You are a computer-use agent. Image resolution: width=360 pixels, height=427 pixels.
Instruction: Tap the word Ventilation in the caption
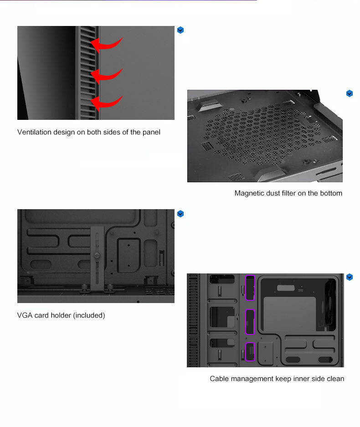click(x=34, y=132)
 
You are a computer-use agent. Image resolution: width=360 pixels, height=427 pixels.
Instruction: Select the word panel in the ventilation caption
click(x=151, y=132)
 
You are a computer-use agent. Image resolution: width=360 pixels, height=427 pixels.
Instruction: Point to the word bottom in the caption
click(x=331, y=193)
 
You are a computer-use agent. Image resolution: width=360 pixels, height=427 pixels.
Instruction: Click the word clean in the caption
click(x=335, y=379)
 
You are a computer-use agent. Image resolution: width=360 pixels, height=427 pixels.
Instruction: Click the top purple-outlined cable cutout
click(x=250, y=288)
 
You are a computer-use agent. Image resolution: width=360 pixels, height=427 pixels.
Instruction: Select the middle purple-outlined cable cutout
click(x=250, y=322)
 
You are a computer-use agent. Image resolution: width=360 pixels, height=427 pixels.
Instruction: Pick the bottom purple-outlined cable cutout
click(x=250, y=351)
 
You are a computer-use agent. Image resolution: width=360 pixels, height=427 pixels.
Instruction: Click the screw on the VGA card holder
click(x=97, y=256)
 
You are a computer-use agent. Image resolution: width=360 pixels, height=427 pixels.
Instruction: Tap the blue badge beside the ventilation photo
click(x=180, y=30)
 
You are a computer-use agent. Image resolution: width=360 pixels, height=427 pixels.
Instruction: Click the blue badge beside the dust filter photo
click(x=350, y=93)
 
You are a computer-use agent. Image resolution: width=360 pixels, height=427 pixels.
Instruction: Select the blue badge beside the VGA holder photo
click(x=180, y=214)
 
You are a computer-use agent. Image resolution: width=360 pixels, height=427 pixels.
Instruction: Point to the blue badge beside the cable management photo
click(x=350, y=277)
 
